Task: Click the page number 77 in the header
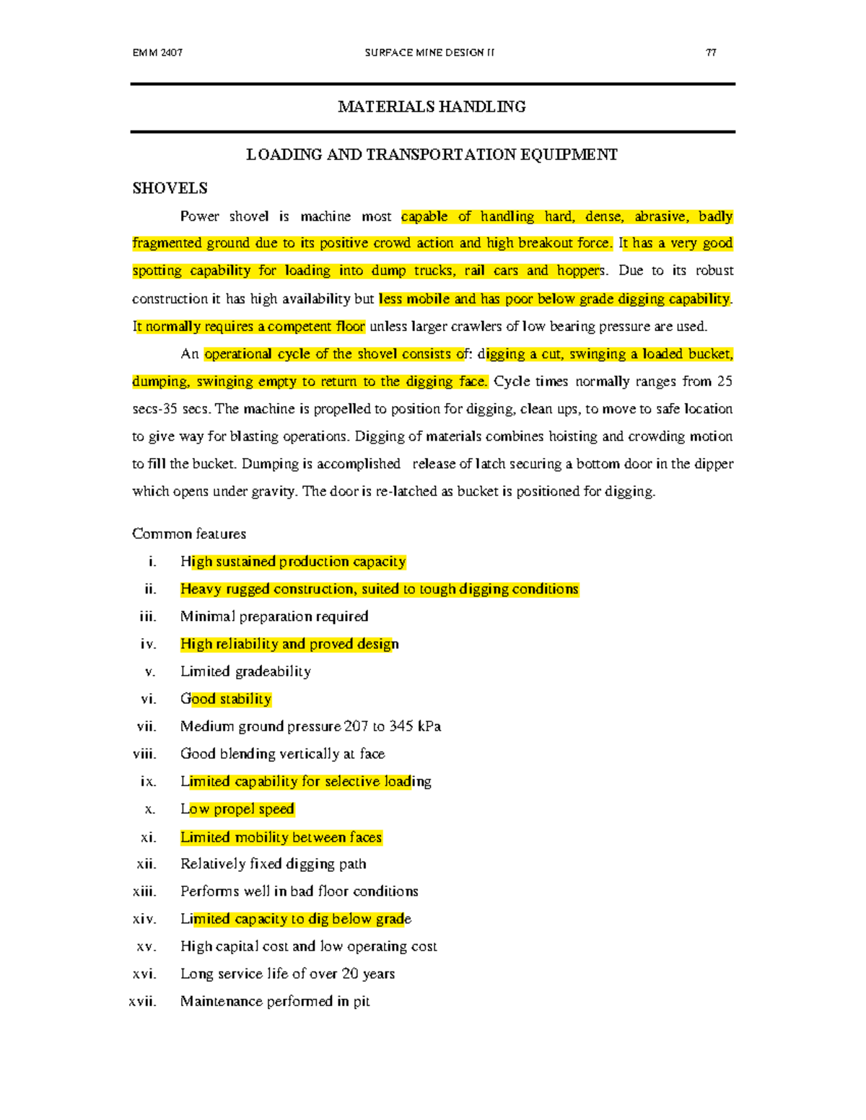[x=711, y=53]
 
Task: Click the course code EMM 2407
[x=157, y=53]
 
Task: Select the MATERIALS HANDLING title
[x=432, y=107]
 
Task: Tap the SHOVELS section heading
[x=170, y=188]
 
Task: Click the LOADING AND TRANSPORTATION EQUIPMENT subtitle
[x=432, y=155]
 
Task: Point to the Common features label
[x=189, y=534]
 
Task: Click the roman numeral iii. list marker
[x=147, y=617]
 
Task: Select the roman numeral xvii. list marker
[x=142, y=1001]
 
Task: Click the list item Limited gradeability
[x=245, y=671]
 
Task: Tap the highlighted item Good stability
[x=226, y=699]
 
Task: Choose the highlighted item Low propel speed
[x=237, y=809]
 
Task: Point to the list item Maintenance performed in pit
[x=275, y=1001]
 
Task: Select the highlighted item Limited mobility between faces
[x=281, y=837]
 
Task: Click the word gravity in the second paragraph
[x=273, y=492]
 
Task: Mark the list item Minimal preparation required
[x=274, y=617]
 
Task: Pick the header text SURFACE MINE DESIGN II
[x=429, y=53]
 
